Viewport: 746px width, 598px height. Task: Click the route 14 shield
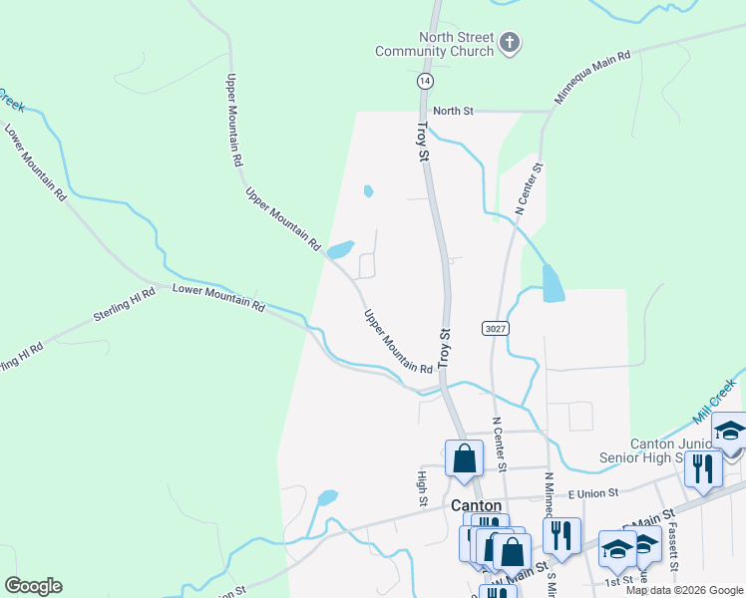pyautogui.click(x=426, y=80)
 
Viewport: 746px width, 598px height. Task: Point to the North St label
pyautogui.click(x=453, y=111)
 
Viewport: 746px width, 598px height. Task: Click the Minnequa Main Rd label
pyautogui.click(x=593, y=79)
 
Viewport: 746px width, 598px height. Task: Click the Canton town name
pyautogui.click(x=476, y=505)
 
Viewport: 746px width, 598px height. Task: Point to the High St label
pyautogui.click(x=423, y=488)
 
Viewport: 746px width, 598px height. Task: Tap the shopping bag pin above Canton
pyautogui.click(x=464, y=459)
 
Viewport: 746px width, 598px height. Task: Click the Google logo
pyautogui.click(x=33, y=586)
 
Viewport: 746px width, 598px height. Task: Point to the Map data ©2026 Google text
pyautogui.click(x=684, y=590)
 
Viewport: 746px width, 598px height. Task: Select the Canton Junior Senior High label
pyautogui.click(x=679, y=450)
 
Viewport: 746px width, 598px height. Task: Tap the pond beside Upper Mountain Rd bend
pyautogui.click(x=341, y=249)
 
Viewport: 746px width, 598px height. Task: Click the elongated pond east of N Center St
pyautogui.click(x=552, y=284)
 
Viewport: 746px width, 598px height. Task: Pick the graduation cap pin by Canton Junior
pyautogui.click(x=729, y=432)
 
